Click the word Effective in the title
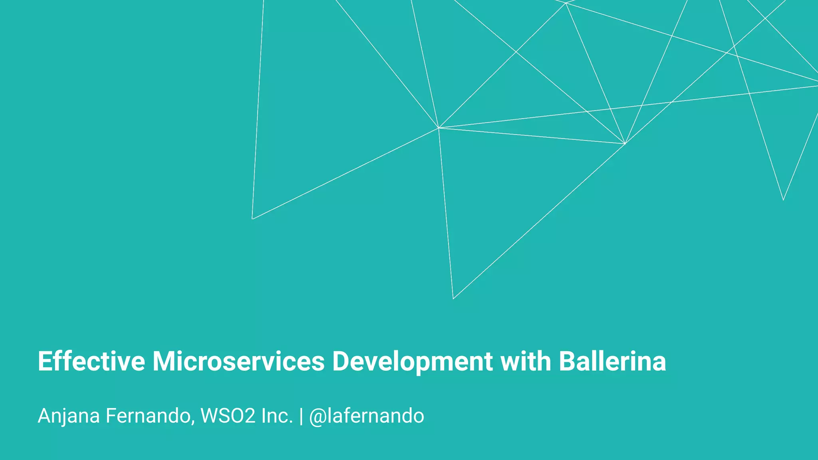click(91, 361)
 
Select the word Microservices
click(238, 361)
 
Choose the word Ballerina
click(612, 361)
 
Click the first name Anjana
click(68, 416)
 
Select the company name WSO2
click(228, 416)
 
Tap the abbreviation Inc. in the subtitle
click(277, 416)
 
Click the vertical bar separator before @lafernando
click(301, 416)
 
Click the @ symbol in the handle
click(318, 416)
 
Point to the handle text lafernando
click(376, 416)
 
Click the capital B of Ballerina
click(568, 361)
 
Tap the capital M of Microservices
click(165, 361)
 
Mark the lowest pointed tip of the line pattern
click(453, 299)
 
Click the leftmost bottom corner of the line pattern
click(252, 219)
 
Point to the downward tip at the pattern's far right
click(783, 200)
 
